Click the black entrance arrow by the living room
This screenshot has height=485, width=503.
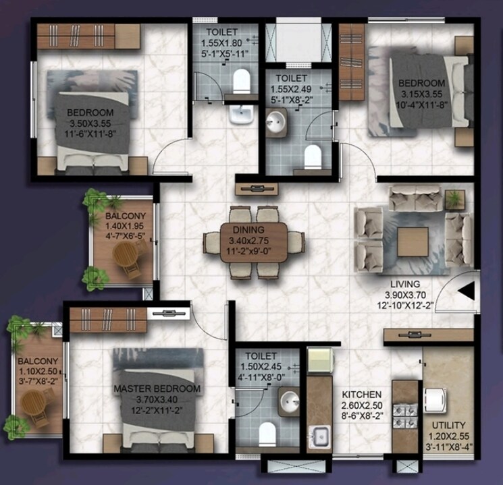pos(467,291)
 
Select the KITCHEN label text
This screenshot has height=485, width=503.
pos(361,394)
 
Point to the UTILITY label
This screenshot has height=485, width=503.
pos(449,425)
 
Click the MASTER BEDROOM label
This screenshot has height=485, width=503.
pos(157,389)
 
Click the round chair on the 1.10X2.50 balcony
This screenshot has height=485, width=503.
pos(33,404)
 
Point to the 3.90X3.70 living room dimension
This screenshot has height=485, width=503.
pos(404,295)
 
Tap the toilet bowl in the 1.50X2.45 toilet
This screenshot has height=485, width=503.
pos(268,431)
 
